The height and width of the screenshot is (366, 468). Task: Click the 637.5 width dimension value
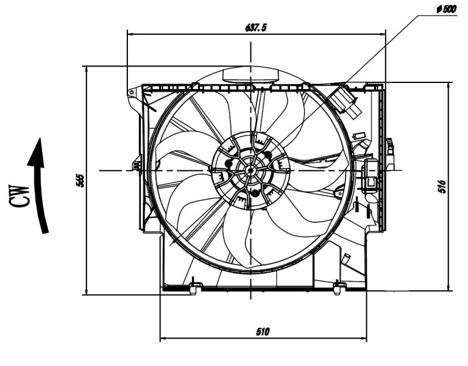[x=255, y=27]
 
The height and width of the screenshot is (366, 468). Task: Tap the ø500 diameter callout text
[x=447, y=10]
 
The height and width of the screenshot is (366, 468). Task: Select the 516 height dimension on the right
[x=442, y=185]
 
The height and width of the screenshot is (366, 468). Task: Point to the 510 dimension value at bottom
[x=263, y=332]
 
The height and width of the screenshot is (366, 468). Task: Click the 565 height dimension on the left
[x=80, y=180]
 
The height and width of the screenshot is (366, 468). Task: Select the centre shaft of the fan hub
[x=249, y=170]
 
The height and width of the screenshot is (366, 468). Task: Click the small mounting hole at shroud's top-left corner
[x=131, y=93]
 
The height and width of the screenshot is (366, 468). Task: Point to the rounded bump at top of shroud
[x=250, y=76]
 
